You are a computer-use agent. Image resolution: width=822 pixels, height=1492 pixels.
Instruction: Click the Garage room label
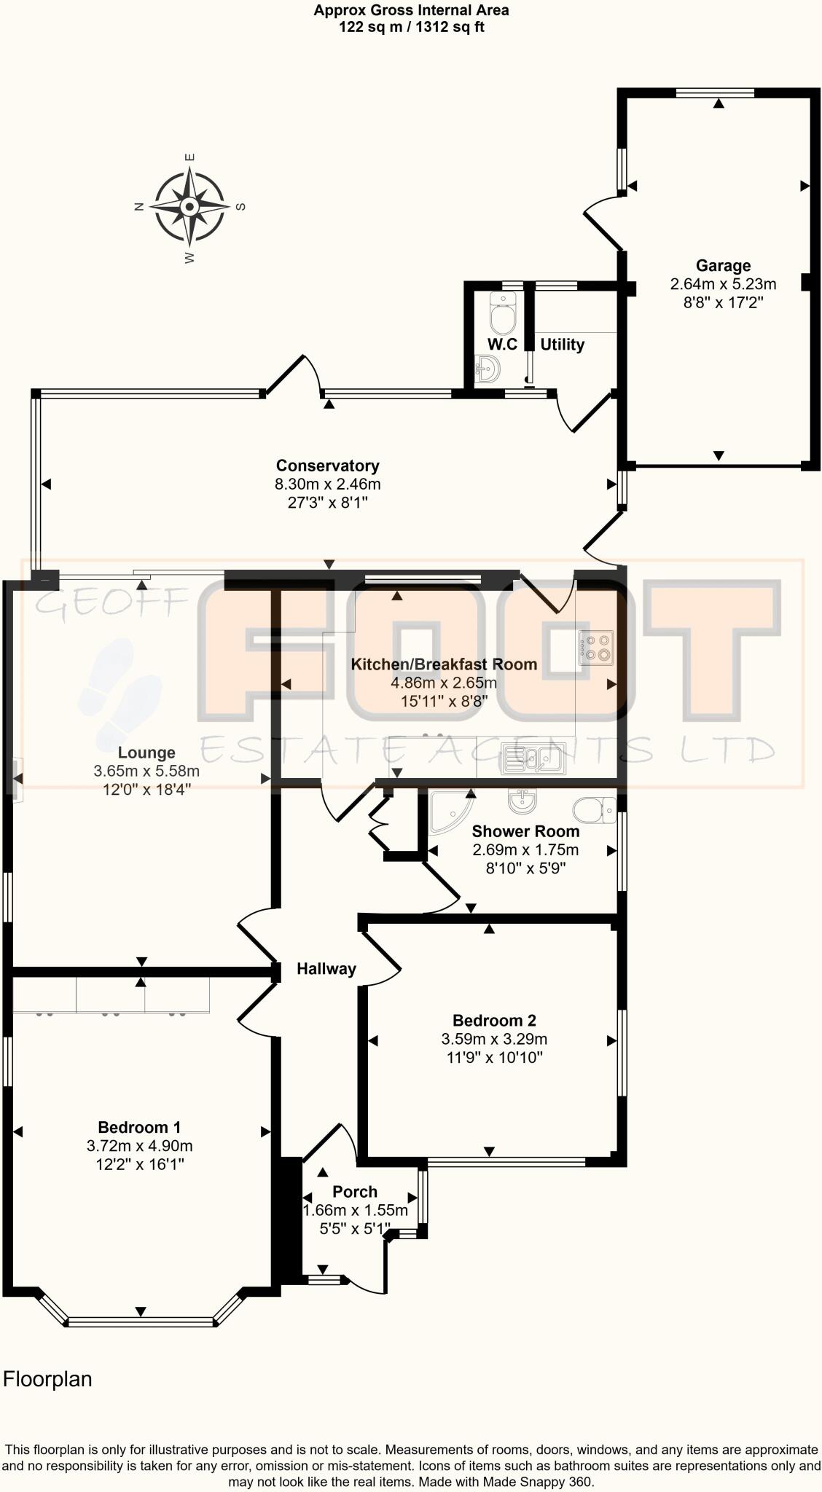(723, 266)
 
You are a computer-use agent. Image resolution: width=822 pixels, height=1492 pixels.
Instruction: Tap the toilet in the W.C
(503, 315)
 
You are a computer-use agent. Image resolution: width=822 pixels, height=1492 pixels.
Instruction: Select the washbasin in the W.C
(488, 369)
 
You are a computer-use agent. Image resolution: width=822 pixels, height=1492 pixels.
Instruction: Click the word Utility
(562, 345)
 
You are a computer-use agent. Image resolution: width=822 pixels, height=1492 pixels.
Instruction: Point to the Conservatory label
(327, 466)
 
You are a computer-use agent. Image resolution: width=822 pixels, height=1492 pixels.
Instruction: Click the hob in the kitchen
(595, 647)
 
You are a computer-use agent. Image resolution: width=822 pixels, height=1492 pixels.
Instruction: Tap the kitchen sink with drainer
(536, 760)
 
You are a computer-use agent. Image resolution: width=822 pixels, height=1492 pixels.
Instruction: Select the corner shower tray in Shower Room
(447, 811)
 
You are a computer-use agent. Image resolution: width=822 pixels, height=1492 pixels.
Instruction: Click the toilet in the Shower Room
(595, 809)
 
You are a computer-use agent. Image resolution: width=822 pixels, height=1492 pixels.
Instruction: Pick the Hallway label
(326, 969)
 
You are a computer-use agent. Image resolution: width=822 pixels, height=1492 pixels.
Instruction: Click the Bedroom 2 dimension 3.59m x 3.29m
(494, 1039)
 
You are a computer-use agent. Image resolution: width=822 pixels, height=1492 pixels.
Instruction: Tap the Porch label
(355, 1192)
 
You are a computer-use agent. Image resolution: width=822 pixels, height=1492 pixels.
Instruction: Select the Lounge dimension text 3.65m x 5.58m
(146, 771)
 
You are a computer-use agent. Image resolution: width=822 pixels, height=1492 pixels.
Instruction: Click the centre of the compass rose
(189, 207)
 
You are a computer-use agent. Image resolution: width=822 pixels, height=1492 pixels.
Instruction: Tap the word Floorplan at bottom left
(48, 1379)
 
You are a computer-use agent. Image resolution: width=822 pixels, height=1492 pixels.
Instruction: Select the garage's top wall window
(714, 93)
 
